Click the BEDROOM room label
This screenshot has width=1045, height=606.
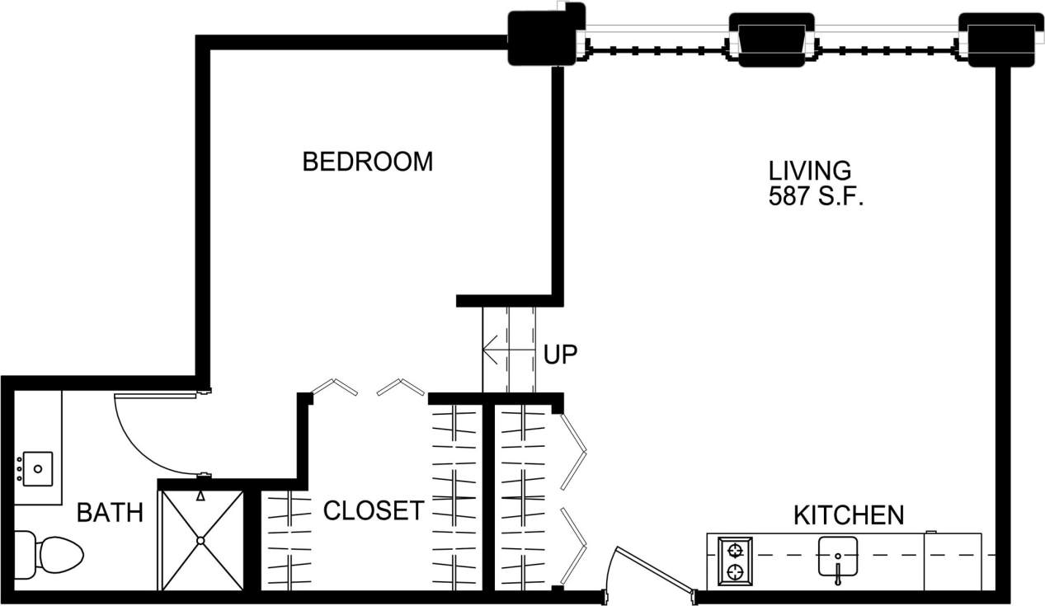[367, 162]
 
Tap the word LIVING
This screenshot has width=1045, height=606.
[809, 171]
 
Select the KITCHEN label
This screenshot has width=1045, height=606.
[848, 516]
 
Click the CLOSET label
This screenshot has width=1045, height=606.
[374, 511]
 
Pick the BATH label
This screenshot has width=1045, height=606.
[110, 513]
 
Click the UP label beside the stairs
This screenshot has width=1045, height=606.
[560, 355]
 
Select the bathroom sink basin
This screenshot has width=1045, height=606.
[37, 469]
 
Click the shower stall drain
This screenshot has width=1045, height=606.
[200, 541]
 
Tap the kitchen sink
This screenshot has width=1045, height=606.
[838, 553]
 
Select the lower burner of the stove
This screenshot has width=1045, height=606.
[734, 571]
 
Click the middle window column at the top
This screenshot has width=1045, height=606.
[771, 40]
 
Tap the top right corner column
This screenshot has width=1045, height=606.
[1000, 40]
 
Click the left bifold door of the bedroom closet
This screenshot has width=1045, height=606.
[334, 386]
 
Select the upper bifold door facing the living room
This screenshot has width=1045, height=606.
[573, 449]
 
